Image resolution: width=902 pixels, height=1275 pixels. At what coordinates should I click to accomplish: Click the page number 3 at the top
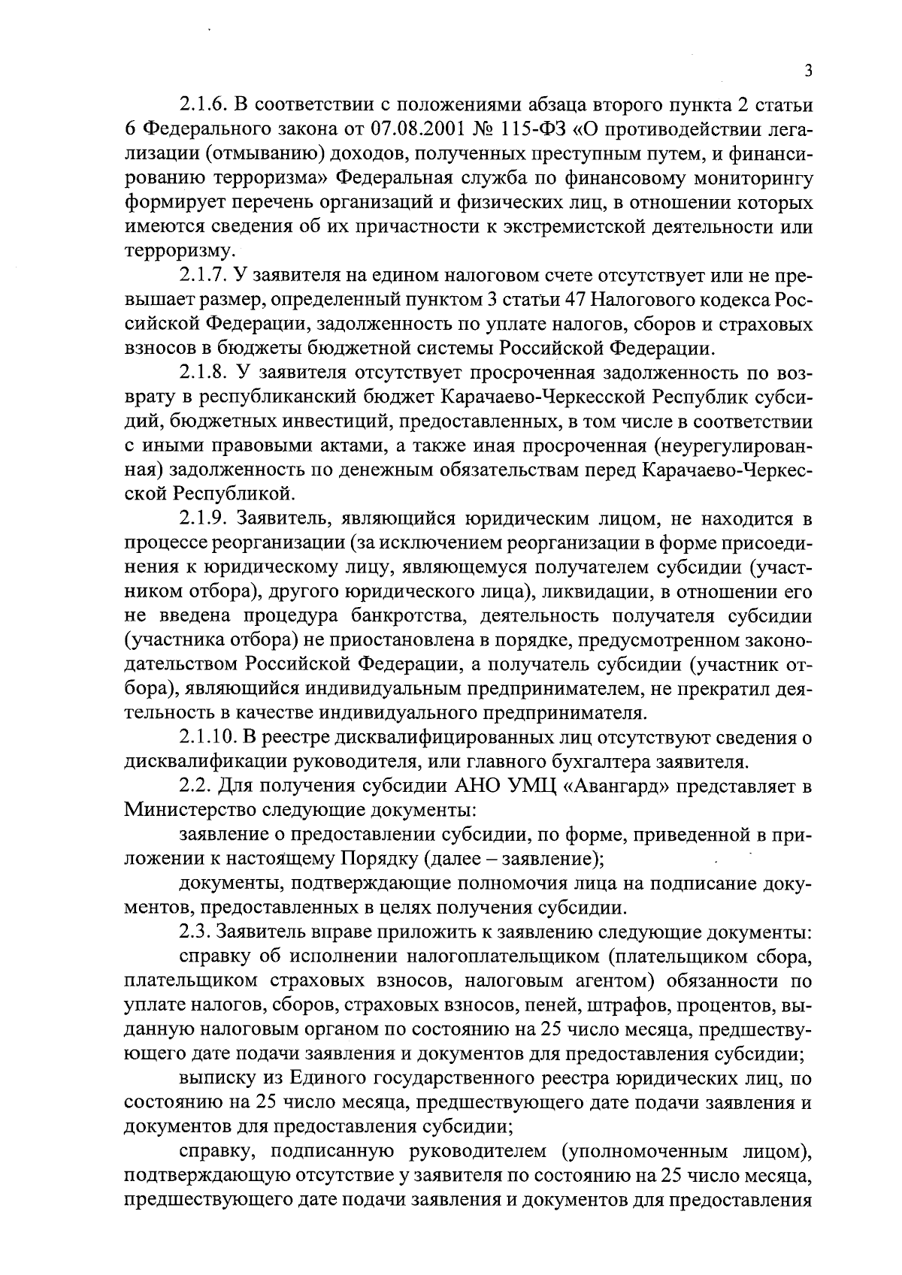point(808,71)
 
